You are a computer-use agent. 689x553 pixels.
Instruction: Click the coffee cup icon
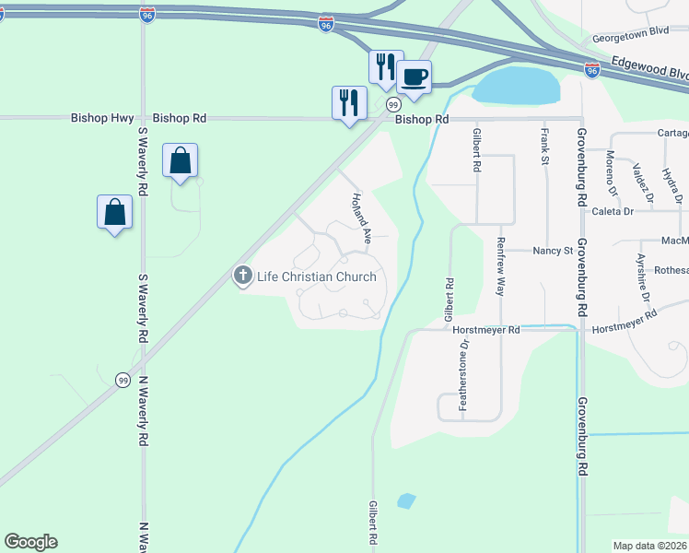coord(415,76)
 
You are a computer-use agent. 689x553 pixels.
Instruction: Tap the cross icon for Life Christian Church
coord(243,276)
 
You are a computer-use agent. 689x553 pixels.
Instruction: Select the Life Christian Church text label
coord(317,276)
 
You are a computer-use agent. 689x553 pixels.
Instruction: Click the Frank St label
coord(544,147)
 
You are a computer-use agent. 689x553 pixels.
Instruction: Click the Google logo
coord(30,542)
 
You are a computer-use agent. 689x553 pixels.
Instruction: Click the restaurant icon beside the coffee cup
coord(386,66)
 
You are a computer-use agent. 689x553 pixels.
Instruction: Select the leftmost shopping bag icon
coord(114,211)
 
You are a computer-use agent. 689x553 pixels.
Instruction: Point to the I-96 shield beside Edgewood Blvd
coord(591,69)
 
